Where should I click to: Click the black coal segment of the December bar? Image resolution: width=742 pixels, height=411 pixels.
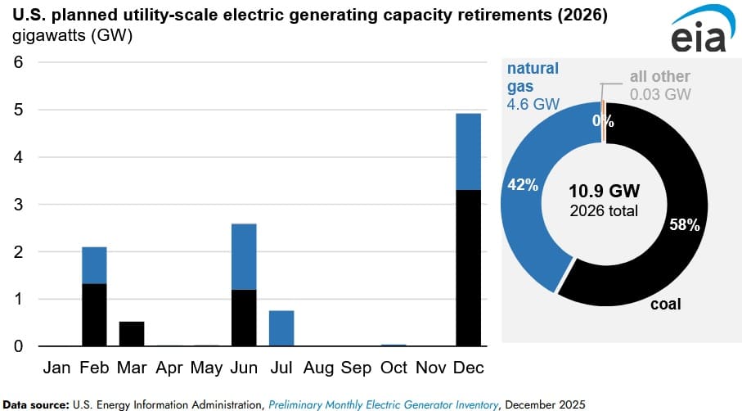pyautogui.click(x=469, y=268)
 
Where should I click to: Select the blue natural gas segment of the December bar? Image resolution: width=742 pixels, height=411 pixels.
pyautogui.click(x=469, y=151)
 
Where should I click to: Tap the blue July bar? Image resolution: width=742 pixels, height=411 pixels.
pyautogui.click(x=281, y=328)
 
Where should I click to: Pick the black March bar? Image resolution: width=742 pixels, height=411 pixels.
pyautogui.click(x=132, y=333)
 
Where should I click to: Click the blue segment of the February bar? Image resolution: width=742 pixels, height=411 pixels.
pyautogui.click(x=94, y=265)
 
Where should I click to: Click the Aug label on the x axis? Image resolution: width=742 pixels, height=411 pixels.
pyautogui.click(x=318, y=368)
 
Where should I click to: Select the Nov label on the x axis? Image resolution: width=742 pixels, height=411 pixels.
pyautogui.click(x=431, y=368)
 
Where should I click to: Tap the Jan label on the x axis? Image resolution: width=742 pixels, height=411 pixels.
pyautogui.click(x=56, y=368)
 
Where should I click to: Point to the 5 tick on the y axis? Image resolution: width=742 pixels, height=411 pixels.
pyautogui.click(x=18, y=110)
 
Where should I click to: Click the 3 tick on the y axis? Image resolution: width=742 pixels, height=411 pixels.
pyautogui.click(x=18, y=205)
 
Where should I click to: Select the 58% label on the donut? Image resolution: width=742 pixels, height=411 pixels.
pyautogui.click(x=684, y=225)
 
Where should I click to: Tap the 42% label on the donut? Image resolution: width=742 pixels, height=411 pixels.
pyautogui.click(x=522, y=185)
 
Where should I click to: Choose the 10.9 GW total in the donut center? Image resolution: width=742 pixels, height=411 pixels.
pyautogui.click(x=605, y=191)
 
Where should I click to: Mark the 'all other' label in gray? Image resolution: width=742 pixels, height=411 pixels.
pyautogui.click(x=659, y=77)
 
